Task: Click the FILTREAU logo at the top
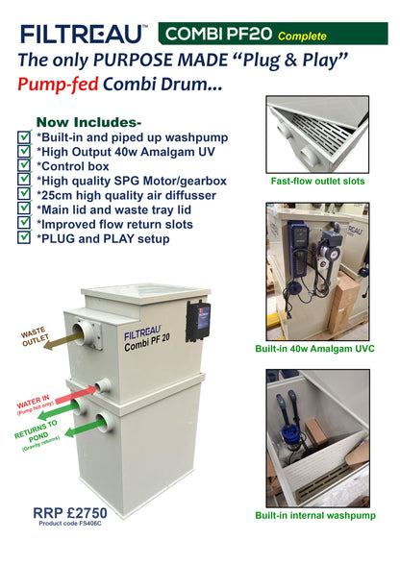pos(85,35)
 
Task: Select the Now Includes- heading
pos(87,122)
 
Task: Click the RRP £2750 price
pos(68,513)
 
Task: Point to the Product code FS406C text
pos(68,526)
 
